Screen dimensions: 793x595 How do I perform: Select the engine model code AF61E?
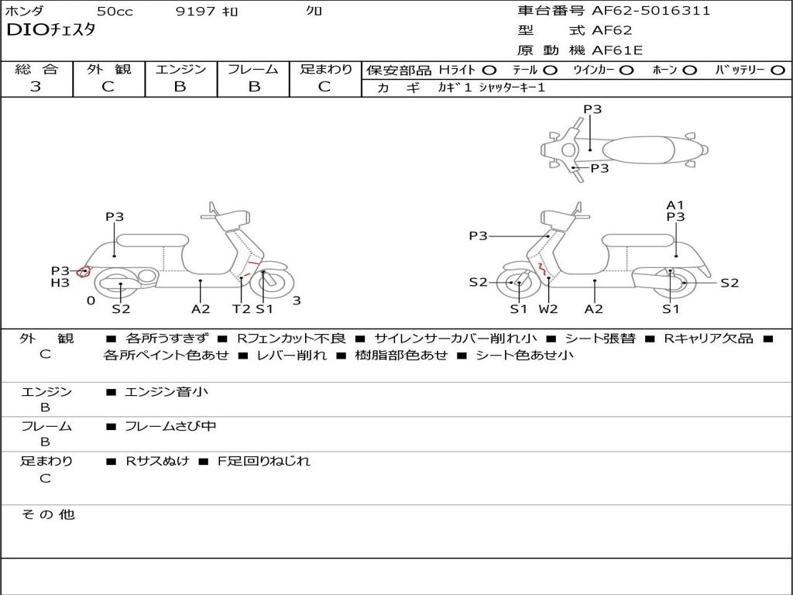[617, 50]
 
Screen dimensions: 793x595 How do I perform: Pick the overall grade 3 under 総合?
[36, 86]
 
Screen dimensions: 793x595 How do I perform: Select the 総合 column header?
[36, 69]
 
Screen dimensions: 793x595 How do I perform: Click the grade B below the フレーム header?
[253, 86]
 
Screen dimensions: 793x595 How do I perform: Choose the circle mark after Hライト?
[489, 70]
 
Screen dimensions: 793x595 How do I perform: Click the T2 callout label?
[242, 308]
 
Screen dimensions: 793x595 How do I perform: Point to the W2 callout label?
[548, 308]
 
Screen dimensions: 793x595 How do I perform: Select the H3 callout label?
[60, 283]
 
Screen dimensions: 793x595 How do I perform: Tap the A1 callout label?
[675, 205]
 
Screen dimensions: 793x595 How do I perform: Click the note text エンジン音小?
[166, 392]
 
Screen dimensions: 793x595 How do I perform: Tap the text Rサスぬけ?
[158, 461]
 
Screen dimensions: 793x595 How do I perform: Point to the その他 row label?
[47, 514]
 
